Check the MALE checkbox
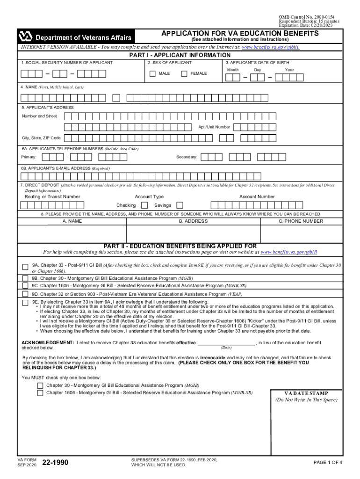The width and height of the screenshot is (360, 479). [x=152, y=73]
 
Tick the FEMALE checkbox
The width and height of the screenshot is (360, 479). [x=184, y=73]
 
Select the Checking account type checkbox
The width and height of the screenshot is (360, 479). [x=144, y=205]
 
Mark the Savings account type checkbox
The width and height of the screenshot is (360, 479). [x=180, y=205]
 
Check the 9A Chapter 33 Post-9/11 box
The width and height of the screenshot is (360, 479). [x=25, y=267]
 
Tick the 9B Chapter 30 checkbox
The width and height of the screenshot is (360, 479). [x=25, y=278]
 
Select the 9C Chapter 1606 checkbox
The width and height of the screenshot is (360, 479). [x=25, y=285]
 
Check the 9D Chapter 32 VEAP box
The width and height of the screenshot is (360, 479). [x=25, y=294]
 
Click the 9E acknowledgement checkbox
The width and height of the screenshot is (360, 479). [x=25, y=303]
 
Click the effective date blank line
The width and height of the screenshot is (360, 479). [x=226, y=342]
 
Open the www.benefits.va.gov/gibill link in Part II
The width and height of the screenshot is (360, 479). [x=288, y=252]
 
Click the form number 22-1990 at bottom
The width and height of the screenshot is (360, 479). [x=55, y=463]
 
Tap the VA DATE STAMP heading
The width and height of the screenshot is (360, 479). [x=306, y=393]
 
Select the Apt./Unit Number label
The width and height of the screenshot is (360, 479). [x=214, y=127]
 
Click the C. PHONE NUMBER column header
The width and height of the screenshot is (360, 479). [x=301, y=221]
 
